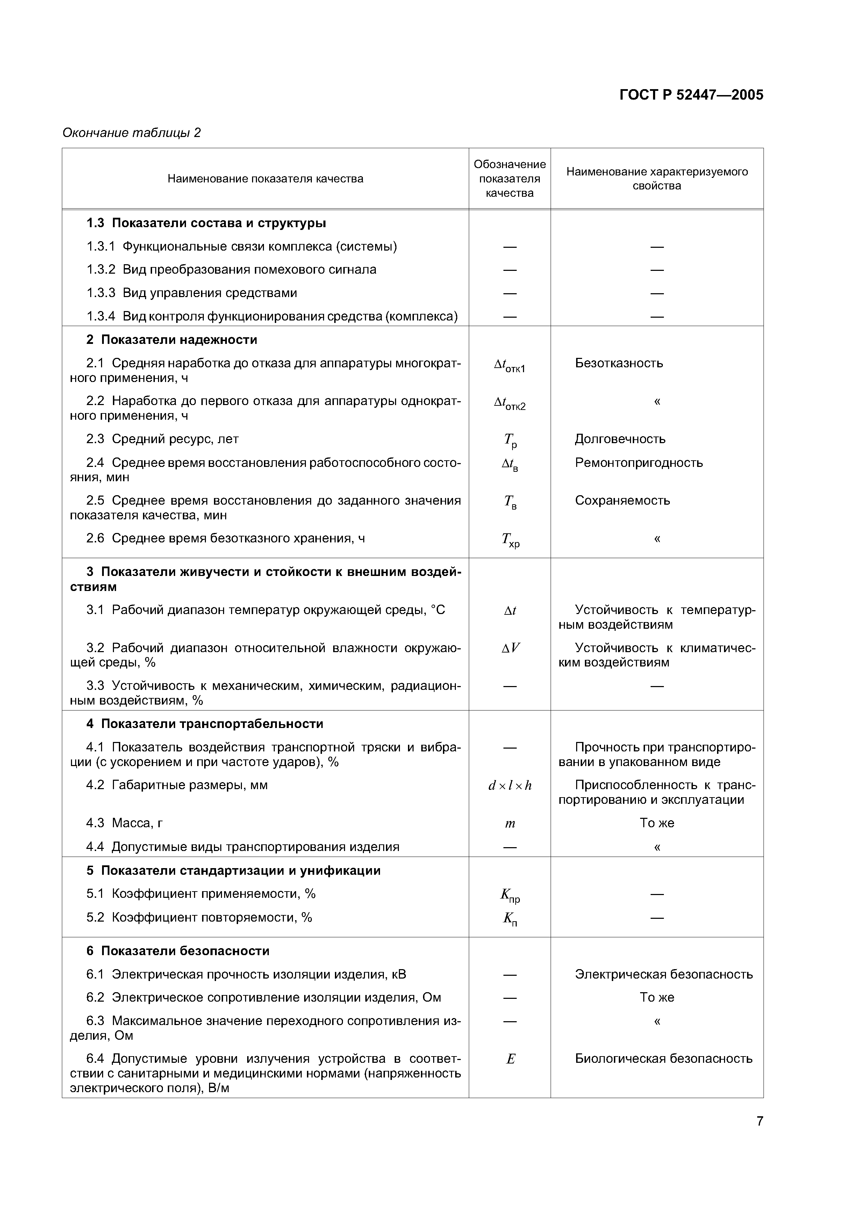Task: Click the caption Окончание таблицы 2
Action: coord(131,132)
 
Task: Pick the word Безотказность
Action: coord(618,363)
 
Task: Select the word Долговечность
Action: coord(620,439)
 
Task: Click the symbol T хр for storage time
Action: coord(510,540)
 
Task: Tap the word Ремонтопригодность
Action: coord(638,462)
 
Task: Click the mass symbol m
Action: coord(510,823)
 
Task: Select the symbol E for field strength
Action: coord(510,1059)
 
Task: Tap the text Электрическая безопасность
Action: coord(664,974)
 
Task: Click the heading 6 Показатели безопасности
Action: coord(177,951)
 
